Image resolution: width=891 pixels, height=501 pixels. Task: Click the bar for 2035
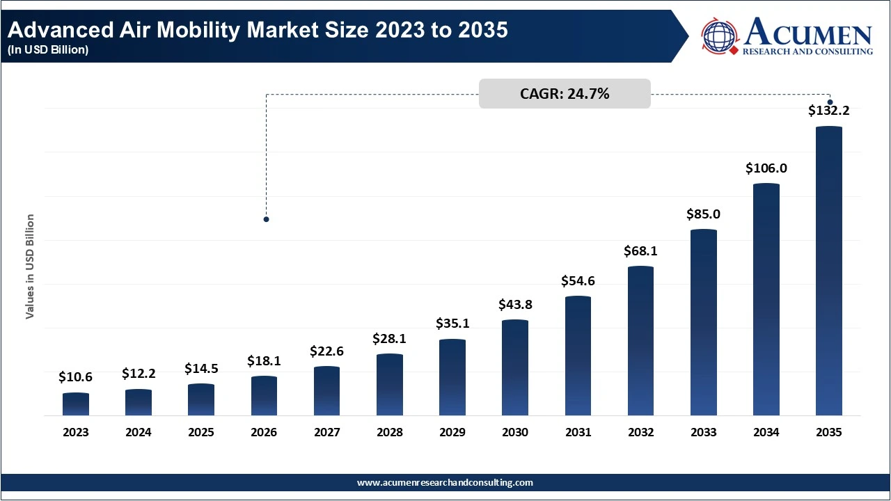point(828,271)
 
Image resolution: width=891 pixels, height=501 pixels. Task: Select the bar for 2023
point(76,404)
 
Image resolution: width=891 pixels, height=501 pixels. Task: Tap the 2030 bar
point(515,368)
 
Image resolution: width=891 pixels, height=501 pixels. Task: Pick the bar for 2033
point(703,323)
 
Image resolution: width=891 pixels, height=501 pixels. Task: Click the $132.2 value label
point(828,110)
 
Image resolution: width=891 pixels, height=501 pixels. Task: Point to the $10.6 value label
point(76,376)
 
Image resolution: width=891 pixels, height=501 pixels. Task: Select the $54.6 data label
point(578,281)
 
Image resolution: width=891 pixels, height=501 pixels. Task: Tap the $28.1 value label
point(390,338)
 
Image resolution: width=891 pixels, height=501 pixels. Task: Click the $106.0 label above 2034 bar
point(766,168)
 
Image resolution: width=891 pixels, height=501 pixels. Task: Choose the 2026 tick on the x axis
point(264,432)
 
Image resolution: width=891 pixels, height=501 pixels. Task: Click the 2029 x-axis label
point(452,432)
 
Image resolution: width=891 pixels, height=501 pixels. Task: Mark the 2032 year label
point(640,432)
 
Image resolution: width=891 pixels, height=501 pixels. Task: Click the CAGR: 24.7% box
point(565,94)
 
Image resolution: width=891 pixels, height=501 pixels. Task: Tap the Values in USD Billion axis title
point(30,267)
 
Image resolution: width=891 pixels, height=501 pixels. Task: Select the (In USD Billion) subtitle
point(48,50)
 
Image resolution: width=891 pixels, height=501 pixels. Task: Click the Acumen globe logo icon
point(720,36)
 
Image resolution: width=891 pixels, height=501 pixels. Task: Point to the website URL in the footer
point(445,482)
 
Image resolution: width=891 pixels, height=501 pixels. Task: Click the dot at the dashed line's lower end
point(266,219)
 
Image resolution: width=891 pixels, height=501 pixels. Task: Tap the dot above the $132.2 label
point(830,102)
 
